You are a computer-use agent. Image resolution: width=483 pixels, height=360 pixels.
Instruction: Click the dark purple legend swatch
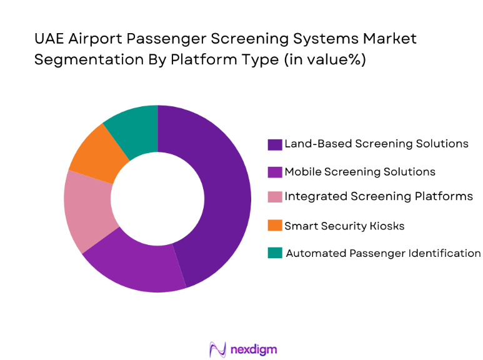pyautogui.click(x=274, y=144)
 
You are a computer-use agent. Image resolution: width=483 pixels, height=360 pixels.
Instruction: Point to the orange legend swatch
pyautogui.click(x=274, y=226)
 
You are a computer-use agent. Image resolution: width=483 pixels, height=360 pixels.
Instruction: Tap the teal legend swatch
pyautogui.click(x=274, y=253)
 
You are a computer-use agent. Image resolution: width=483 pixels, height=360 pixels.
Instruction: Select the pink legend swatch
pyautogui.click(x=274, y=197)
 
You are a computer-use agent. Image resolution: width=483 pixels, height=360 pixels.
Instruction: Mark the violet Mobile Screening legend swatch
pyautogui.click(x=274, y=172)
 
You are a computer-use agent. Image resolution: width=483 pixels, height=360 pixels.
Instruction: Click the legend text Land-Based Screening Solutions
pyautogui.click(x=376, y=144)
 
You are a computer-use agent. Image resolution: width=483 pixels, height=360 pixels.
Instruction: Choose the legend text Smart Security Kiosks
pyautogui.click(x=344, y=226)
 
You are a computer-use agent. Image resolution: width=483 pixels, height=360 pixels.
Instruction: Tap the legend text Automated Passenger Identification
pyautogui.click(x=383, y=253)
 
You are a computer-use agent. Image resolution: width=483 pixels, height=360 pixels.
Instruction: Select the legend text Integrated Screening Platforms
pyautogui.click(x=379, y=197)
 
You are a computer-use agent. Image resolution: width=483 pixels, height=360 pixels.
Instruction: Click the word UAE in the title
pyautogui.click(x=49, y=39)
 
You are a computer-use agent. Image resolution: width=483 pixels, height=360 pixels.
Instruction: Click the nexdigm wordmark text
pyautogui.click(x=253, y=349)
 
